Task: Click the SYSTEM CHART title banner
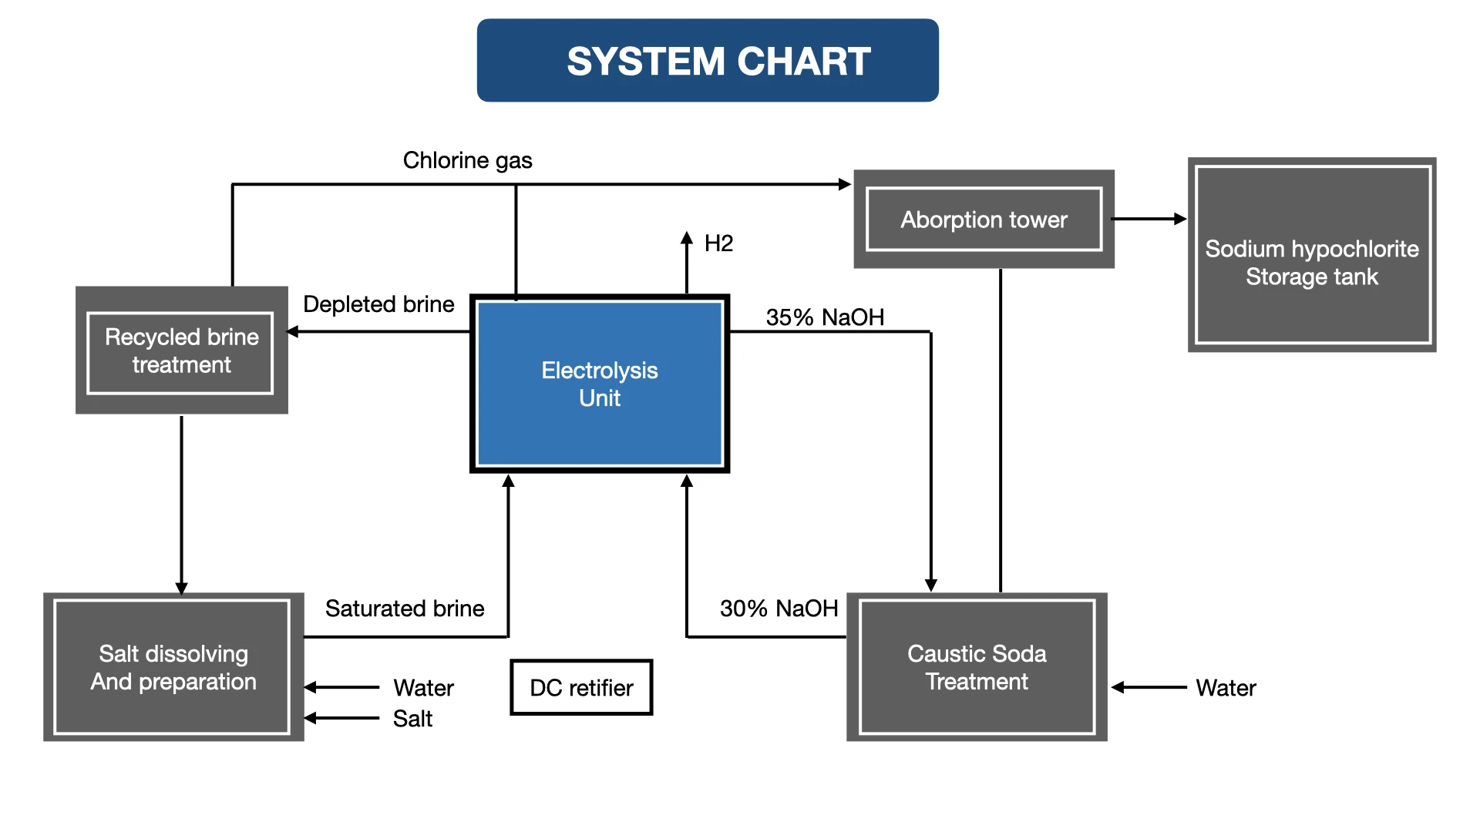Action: point(708,61)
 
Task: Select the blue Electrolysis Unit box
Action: point(600,384)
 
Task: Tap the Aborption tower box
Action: point(984,220)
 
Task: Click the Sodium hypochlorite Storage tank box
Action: point(1312,255)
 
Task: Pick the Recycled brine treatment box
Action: point(181,351)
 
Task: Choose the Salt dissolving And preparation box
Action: point(173,667)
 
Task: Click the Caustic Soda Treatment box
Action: point(977,667)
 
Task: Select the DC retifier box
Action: point(581,687)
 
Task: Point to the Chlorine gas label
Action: point(467,160)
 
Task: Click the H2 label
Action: point(718,243)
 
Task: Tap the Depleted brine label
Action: point(378,304)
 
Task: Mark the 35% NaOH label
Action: point(825,317)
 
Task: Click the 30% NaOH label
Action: point(779,609)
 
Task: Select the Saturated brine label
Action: point(405,609)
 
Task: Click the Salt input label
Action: point(412,719)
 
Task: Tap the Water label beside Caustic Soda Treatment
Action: point(1226,688)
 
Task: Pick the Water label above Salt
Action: point(423,688)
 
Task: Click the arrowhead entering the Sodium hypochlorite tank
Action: point(1180,219)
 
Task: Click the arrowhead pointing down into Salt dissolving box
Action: point(181,589)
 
